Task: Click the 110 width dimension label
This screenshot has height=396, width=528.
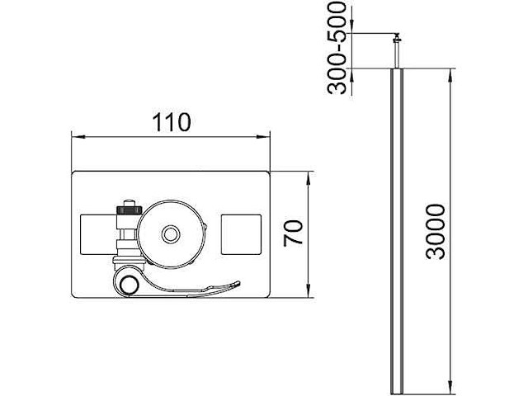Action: (172, 122)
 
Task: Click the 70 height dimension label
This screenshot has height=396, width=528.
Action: (293, 233)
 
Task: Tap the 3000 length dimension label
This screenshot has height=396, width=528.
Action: (435, 231)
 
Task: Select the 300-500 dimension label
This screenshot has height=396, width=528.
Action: (337, 48)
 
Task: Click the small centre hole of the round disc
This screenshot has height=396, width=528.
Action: (171, 234)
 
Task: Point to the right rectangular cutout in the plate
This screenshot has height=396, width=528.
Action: (241, 234)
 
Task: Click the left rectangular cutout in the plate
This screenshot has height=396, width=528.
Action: (97, 234)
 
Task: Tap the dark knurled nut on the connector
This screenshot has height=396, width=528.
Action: (129, 210)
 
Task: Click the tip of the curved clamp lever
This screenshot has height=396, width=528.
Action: (238, 283)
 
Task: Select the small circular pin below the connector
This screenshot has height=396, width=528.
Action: (130, 285)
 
